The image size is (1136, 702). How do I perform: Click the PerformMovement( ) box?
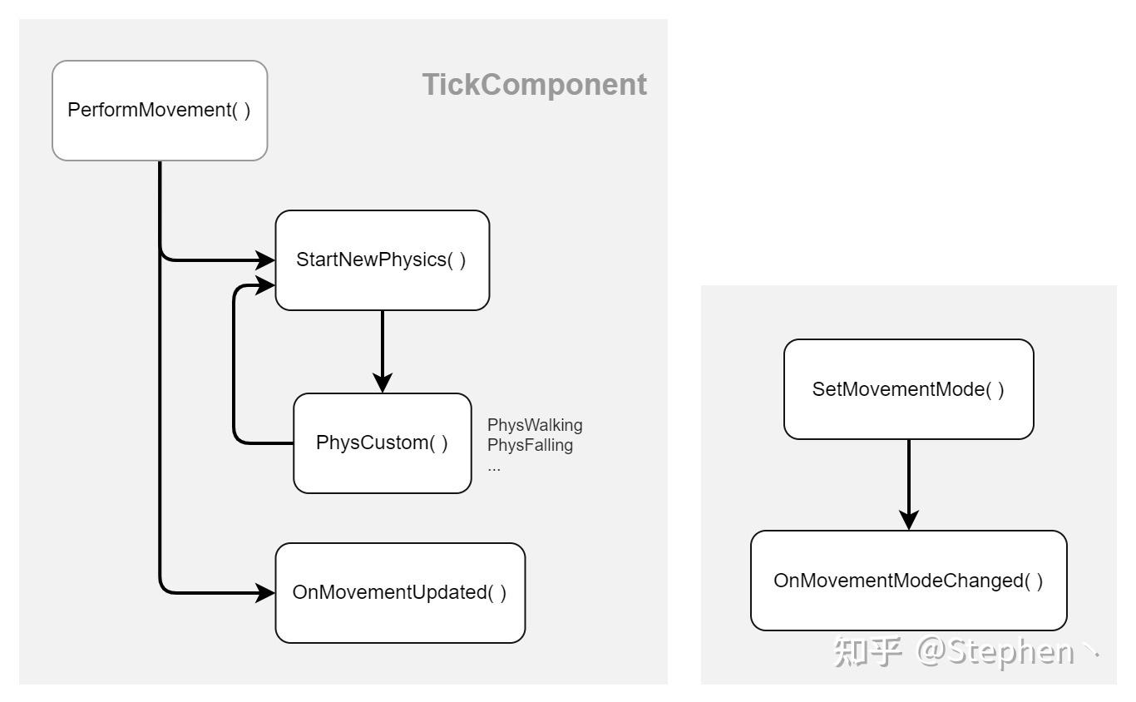pos(160,111)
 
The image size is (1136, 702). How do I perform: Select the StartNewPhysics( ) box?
pos(382,260)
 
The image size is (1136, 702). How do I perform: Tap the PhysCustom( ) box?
pos(382,443)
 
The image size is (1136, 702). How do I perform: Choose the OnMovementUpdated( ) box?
pos(400,593)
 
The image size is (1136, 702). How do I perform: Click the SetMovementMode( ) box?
pos(908,389)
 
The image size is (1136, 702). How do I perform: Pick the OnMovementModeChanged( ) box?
pos(908,581)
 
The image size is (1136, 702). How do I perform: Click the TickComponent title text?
pos(534,85)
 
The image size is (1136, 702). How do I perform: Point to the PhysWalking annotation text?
pos(535,425)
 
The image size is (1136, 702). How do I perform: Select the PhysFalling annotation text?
pos(530,445)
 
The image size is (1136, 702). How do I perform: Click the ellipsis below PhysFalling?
pos(494,467)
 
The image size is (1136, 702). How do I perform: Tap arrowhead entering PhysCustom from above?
pos(383,383)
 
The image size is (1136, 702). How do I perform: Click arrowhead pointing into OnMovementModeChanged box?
pos(909,521)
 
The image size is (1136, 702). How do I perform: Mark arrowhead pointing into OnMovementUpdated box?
pos(266,593)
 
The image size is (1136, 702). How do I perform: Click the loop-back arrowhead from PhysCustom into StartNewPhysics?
pos(266,285)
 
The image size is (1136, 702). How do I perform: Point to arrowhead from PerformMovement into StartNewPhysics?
pos(266,260)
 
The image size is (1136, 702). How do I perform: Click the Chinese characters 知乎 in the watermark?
pos(867,651)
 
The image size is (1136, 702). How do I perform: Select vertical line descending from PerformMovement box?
pos(160,374)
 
